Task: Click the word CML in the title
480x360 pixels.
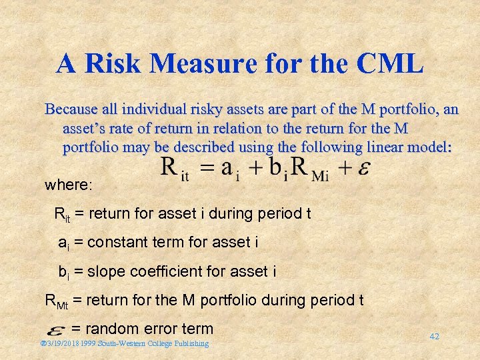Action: (x=390, y=63)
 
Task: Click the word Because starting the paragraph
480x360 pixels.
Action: (x=71, y=109)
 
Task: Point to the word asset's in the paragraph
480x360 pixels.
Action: (x=85, y=128)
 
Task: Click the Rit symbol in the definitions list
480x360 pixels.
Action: (x=61, y=215)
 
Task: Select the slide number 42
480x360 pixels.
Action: (x=434, y=337)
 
